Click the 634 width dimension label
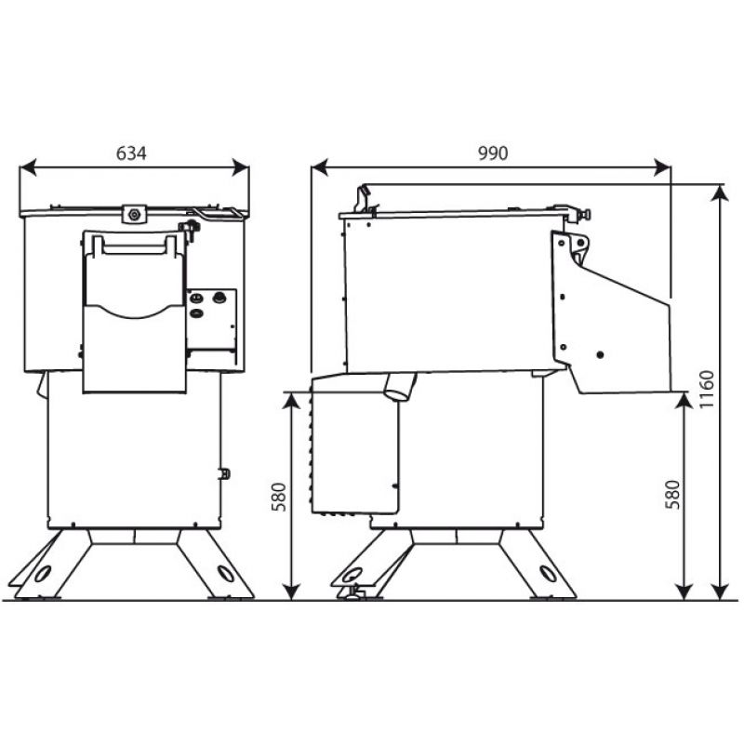tap(131, 153)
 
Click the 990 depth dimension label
tap(493, 153)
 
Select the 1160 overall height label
tap(707, 389)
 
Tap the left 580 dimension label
tap(279, 497)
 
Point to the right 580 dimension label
tap(672, 495)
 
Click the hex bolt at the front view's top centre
tap(134, 214)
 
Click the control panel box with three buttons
tap(211, 319)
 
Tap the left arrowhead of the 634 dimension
tap(28, 167)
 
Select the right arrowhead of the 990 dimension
tap(662, 167)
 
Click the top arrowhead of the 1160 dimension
tap(721, 193)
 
